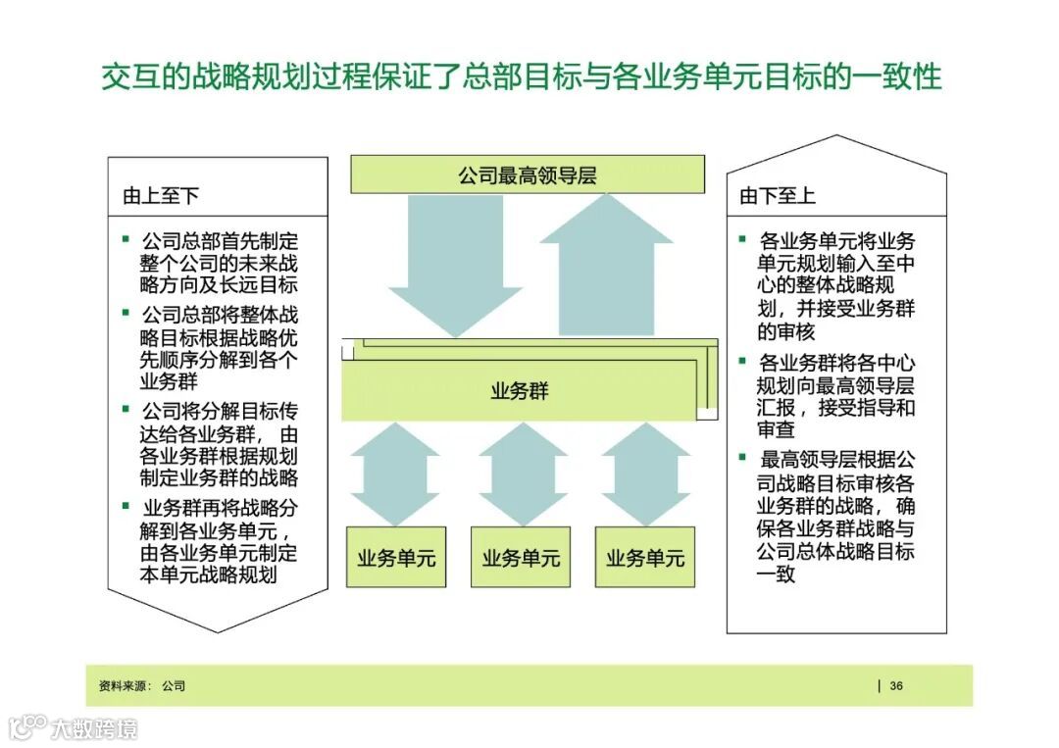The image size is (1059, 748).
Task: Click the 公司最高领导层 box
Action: pos(528,175)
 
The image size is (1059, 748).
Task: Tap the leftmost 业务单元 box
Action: pos(396,558)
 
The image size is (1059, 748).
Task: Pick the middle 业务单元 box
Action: pos(521,558)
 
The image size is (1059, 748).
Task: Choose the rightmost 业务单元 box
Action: pos(645,558)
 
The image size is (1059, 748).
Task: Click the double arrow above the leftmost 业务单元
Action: pos(394,474)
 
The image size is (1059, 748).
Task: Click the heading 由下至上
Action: pos(778,195)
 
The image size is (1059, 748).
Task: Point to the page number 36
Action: pos(896,686)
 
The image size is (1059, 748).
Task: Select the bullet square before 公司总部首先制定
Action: pos(125,238)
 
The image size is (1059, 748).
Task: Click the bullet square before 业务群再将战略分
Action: pos(126,506)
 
